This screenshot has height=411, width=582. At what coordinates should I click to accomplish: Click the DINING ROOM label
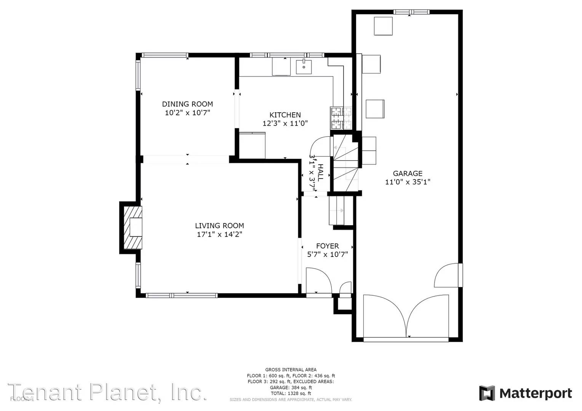(x=187, y=104)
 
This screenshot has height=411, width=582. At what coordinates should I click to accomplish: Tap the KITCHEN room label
(x=285, y=115)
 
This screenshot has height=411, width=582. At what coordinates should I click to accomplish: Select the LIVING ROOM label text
(x=219, y=226)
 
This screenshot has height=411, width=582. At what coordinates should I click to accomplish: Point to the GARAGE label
(x=408, y=173)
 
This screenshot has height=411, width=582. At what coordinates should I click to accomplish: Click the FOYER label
(x=327, y=246)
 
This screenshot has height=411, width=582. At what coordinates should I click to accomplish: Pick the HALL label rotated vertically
(x=320, y=172)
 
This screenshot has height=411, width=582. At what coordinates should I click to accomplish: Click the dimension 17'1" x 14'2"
(x=219, y=234)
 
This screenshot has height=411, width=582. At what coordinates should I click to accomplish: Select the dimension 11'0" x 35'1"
(x=408, y=182)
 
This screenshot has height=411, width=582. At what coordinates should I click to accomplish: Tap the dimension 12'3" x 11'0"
(x=285, y=123)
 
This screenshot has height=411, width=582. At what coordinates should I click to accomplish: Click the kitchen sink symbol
(x=304, y=67)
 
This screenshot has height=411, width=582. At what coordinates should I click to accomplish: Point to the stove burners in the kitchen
(x=341, y=118)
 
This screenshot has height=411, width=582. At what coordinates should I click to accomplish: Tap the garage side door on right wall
(x=448, y=276)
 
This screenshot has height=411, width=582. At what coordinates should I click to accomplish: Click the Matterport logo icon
(x=487, y=393)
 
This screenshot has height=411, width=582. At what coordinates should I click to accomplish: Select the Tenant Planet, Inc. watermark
(x=107, y=392)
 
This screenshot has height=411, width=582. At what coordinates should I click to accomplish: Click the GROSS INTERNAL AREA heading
(x=291, y=370)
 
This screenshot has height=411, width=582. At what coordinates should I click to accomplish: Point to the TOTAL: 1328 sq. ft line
(x=291, y=393)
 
